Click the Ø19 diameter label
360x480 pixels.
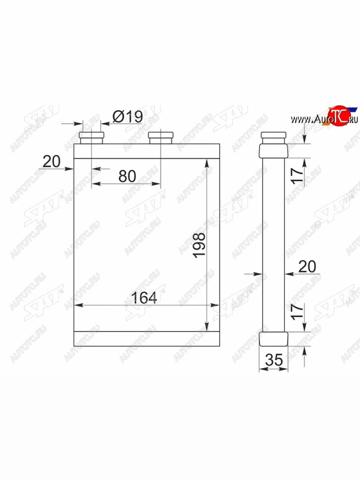coord(127,117)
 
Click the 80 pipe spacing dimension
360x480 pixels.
coord(127,176)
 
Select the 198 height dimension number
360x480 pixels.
coord(199,244)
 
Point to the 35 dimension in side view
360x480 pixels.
coord(274,360)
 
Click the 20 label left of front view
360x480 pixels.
coord(51,162)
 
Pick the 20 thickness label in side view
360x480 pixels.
coord(307,266)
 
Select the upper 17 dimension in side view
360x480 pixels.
coord(297,175)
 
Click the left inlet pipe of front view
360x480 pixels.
coord(92,138)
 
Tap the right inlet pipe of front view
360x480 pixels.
coord(161,138)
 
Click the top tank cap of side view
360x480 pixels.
coord(274,150)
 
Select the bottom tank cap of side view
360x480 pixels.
coord(274,338)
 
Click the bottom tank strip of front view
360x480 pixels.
coord(146,338)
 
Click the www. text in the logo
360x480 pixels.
coord(301,119)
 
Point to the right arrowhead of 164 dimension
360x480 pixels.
coord(216,305)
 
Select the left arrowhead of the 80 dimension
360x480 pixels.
coord(94,184)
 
